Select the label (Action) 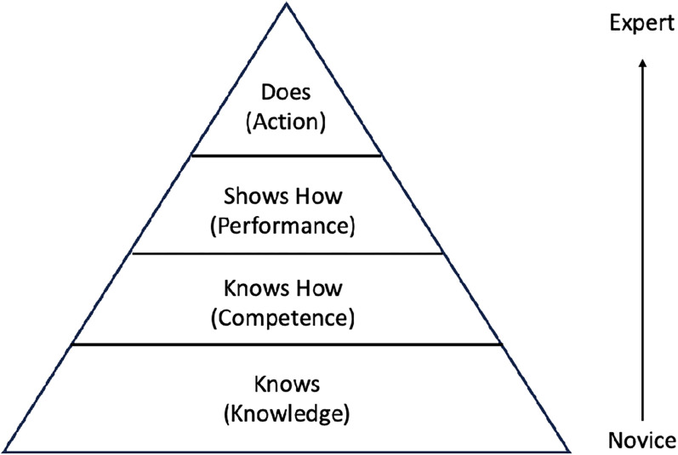pyautogui.click(x=286, y=121)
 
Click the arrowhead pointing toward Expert pyautogui.click(x=643, y=64)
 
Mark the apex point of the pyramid pyautogui.click(x=287, y=3)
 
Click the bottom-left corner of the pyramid pyautogui.click(x=4, y=448)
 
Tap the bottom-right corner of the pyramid pyautogui.click(x=568, y=448)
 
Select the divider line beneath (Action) pyautogui.click(x=286, y=156)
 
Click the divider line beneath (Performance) pyautogui.click(x=288, y=253)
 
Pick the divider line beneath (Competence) pyautogui.click(x=287, y=344)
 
